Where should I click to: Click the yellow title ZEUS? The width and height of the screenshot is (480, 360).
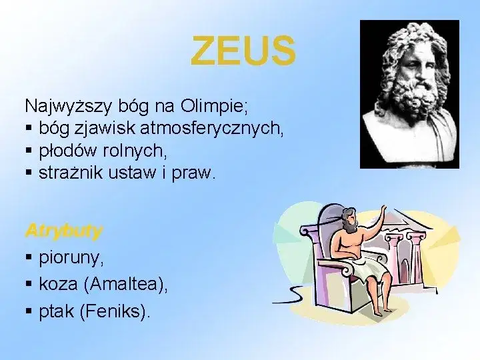tap(243, 51)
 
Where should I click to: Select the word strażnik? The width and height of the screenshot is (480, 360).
tap(67, 173)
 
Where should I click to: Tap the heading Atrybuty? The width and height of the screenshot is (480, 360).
tap(63, 231)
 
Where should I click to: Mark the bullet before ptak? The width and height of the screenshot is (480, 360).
tap(29, 311)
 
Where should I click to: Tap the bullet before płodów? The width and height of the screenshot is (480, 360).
tap(29, 151)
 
